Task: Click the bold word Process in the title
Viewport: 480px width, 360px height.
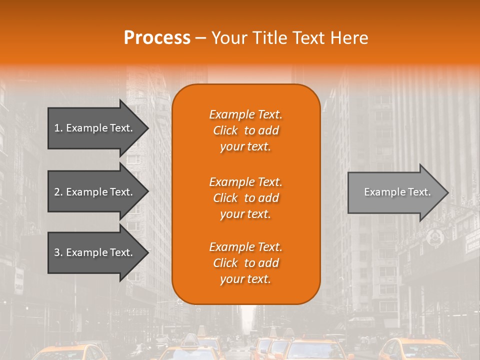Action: pos(157,38)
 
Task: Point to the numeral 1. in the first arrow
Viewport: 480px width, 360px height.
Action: pos(58,128)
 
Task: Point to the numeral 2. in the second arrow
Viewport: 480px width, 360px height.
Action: pos(58,192)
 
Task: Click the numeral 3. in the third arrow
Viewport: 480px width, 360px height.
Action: pos(58,252)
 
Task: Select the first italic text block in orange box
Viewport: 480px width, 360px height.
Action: pos(245,130)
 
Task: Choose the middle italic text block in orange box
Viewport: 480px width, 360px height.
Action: pos(245,197)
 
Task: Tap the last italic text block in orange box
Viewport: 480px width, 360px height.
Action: pos(245,263)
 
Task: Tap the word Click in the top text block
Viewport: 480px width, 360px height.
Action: pos(225,130)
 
